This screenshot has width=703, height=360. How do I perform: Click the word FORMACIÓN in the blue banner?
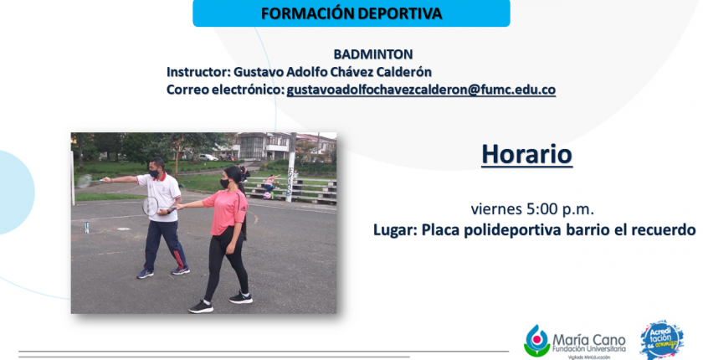pos(304,13)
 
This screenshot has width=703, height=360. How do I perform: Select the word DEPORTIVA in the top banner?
pos(397,13)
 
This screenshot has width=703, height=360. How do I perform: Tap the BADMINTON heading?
pos(373,54)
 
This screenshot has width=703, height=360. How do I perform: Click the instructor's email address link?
pos(421,90)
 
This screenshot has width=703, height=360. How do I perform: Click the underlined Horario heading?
pos(526,155)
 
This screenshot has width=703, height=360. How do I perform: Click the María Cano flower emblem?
pos(536,340)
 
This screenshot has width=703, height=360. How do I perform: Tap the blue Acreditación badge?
pos(662,340)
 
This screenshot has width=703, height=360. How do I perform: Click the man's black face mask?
pos(155,173)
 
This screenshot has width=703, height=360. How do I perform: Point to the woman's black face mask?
pos(224,183)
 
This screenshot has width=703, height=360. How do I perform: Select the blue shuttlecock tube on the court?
pos(86,227)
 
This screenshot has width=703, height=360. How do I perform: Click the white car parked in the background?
pos(208,157)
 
